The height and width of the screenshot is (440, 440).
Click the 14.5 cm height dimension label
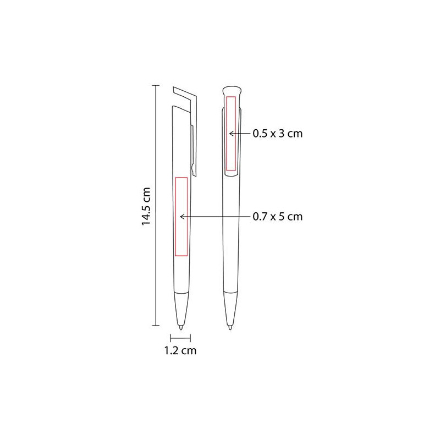146,207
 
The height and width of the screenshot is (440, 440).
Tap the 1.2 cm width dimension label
180,350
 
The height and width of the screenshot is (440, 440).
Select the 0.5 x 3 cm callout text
278,133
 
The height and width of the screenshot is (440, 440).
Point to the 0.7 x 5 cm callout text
278,217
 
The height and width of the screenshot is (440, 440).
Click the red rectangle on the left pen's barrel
182,217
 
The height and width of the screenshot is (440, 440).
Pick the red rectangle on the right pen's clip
231,133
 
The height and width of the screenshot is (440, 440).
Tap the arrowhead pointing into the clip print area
231,134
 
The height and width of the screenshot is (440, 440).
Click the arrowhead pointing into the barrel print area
182,217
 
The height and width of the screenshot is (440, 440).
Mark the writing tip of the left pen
181,327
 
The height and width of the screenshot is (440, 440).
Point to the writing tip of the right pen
230,327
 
